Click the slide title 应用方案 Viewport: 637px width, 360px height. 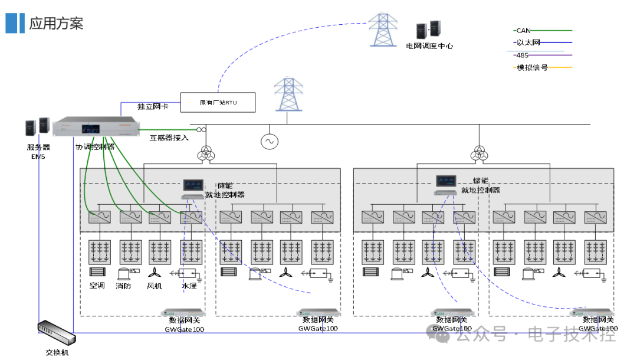(x=56, y=23)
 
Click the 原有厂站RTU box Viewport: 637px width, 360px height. (x=218, y=103)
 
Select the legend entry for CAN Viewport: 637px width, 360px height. (x=523, y=30)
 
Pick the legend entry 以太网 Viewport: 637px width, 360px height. (x=528, y=42)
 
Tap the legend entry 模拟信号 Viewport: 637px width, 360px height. (x=532, y=67)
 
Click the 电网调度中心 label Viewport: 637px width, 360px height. (x=429, y=46)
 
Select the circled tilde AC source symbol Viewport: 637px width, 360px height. (x=270, y=142)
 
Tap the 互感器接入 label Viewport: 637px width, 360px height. (x=169, y=138)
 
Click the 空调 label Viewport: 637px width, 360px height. (x=97, y=286)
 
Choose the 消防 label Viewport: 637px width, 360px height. (x=123, y=286)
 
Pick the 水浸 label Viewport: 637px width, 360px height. (x=189, y=286)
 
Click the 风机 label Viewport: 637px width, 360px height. (x=154, y=286)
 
